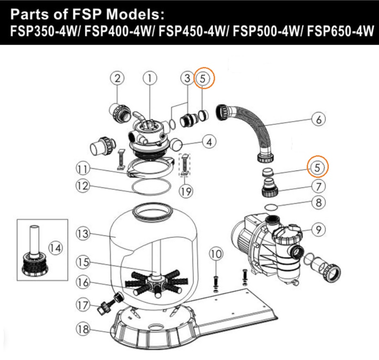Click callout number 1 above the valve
pyautogui.click(x=150, y=78)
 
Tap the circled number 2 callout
pyautogui.click(x=117, y=78)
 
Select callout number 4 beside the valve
pyautogui.click(x=209, y=142)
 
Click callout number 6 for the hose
pyautogui.click(x=318, y=119)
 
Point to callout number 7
pyautogui.click(x=318, y=186)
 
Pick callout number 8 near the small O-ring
pyautogui.click(x=318, y=202)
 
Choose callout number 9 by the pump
pyautogui.click(x=318, y=229)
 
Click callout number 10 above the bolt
pyautogui.click(x=216, y=254)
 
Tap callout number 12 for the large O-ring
pyautogui.click(x=83, y=186)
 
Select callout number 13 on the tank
pyautogui.click(x=83, y=234)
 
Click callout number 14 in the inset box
pyautogui.click(x=55, y=248)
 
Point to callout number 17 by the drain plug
pyautogui.click(x=83, y=305)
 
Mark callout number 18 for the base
pyautogui.click(x=83, y=329)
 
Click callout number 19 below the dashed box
pyautogui.click(x=186, y=192)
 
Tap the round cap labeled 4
pyautogui.click(x=176, y=144)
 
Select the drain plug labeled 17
pyautogui.click(x=109, y=303)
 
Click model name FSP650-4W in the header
pyautogui.click(x=340, y=32)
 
